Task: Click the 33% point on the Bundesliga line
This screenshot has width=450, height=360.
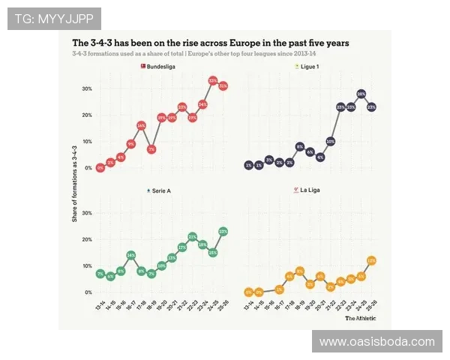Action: pyautogui.click(x=213, y=80)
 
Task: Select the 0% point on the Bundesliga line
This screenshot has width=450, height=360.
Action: pyautogui.click(x=100, y=168)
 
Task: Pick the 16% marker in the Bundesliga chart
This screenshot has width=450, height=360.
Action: pyautogui.click(x=141, y=126)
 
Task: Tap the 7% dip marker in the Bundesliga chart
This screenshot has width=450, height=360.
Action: pyautogui.click(x=151, y=149)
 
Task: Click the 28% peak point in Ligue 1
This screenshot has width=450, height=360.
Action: pyautogui.click(x=361, y=94)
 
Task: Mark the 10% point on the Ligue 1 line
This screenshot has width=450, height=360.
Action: pyautogui.click(x=330, y=141)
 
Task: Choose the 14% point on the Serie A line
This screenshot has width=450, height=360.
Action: pyautogui.click(x=131, y=256)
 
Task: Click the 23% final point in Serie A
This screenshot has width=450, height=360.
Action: pyautogui.click(x=223, y=232)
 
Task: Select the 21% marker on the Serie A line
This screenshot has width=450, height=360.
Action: pyautogui.click(x=193, y=237)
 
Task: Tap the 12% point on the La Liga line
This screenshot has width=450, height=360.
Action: pyautogui.click(x=370, y=261)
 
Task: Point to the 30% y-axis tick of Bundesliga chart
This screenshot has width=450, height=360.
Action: pyautogui.click(x=87, y=88)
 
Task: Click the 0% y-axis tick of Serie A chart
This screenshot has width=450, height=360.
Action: pyautogui.click(x=88, y=292)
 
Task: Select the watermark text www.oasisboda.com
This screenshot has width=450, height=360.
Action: pyautogui.click(x=376, y=342)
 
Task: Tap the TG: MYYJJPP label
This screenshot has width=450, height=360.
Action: pyautogui.click(x=54, y=18)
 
